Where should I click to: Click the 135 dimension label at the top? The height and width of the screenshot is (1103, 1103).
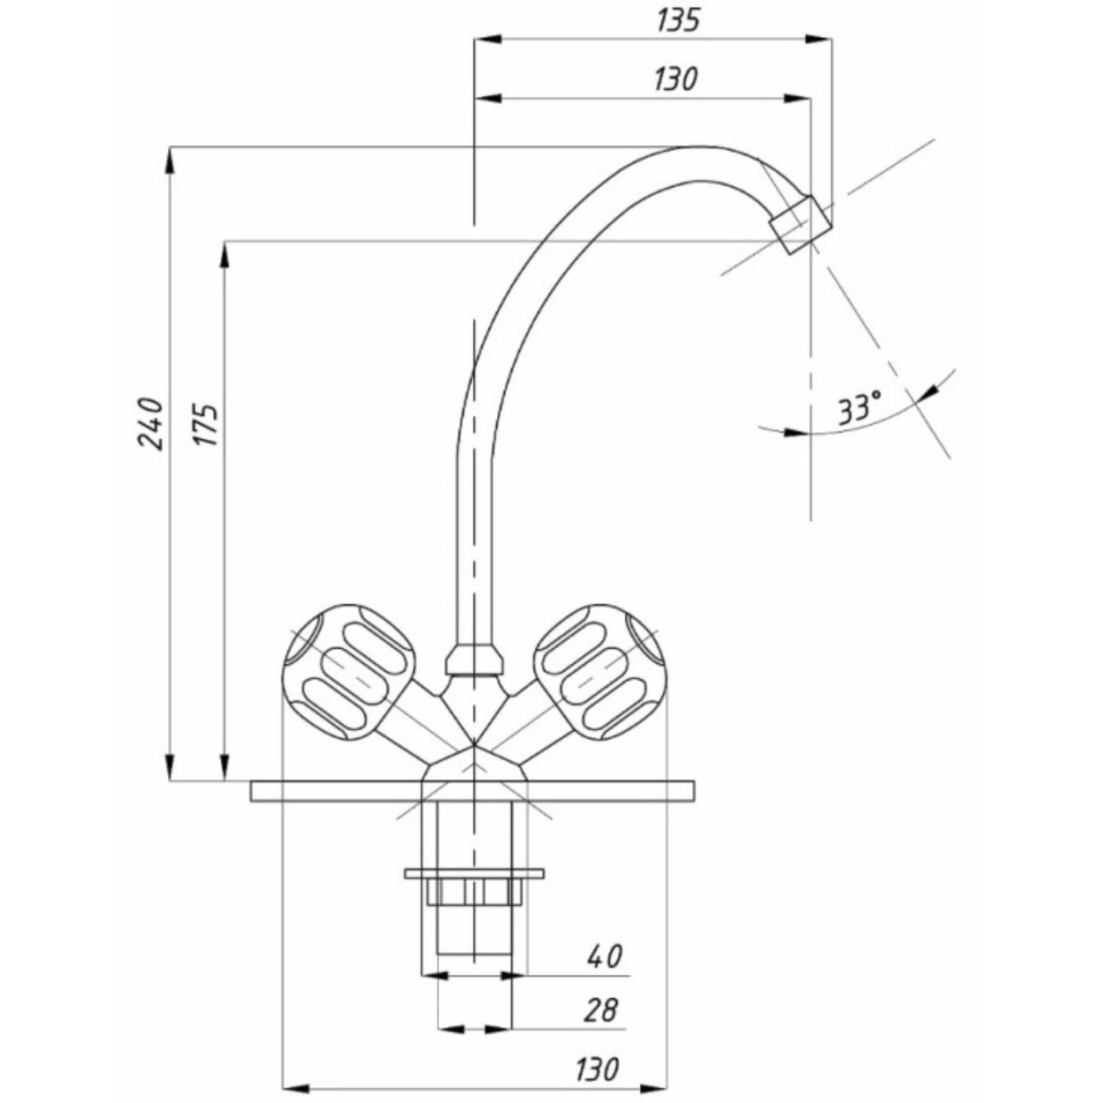pyautogui.click(x=678, y=20)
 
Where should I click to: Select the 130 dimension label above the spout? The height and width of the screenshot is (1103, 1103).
pyautogui.click(x=676, y=79)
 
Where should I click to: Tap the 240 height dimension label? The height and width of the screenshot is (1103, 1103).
pyautogui.click(x=151, y=423)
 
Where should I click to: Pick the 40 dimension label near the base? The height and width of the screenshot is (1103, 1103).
pyautogui.click(x=604, y=956)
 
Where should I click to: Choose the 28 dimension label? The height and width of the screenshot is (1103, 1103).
pyautogui.click(x=601, y=1011)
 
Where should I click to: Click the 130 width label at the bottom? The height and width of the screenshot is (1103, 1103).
pyautogui.click(x=598, y=1069)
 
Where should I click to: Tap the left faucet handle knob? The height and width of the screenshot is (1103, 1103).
pyautogui.click(x=350, y=672)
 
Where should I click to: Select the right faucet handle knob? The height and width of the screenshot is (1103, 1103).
pyautogui.click(x=600, y=672)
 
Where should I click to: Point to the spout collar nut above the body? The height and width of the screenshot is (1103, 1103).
pyautogui.click(x=474, y=659)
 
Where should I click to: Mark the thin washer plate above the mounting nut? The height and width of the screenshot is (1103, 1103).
pyautogui.click(x=474, y=873)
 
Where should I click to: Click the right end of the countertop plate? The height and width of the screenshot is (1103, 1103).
pyautogui.click(x=694, y=791)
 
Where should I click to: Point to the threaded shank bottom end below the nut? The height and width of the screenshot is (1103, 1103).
pyautogui.click(x=474, y=955)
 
